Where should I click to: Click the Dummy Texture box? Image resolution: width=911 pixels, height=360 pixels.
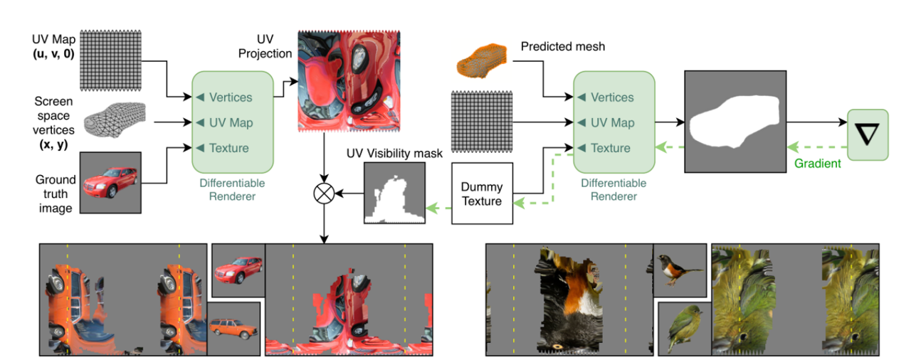coord(482,194)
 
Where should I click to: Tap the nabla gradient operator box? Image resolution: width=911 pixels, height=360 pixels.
coord(868,134)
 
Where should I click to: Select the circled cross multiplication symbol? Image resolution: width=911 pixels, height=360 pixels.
coord(324,193)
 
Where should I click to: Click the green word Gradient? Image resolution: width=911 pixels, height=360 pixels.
coord(817,164)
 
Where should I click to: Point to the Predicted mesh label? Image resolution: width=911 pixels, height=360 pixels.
coord(562,46)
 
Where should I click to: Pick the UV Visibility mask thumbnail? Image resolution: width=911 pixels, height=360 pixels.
coord(394,193)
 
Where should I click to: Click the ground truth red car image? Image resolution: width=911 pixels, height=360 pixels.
coord(115,182)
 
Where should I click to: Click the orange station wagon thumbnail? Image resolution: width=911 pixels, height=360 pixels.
coord(235,328)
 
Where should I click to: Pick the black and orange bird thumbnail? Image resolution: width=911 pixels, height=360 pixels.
coord(680,270)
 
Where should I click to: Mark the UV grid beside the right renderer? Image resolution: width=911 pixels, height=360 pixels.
coord(482,122)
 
